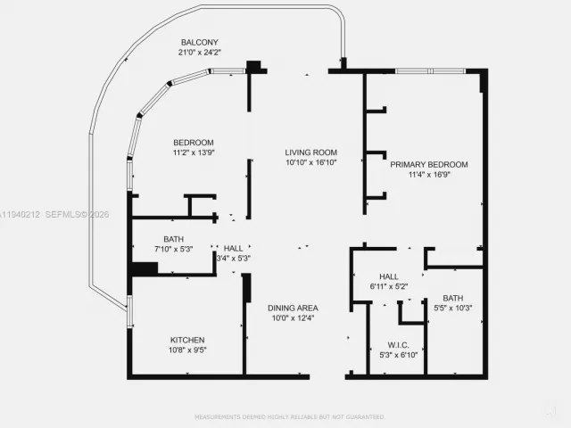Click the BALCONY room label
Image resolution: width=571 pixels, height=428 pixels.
[200, 43]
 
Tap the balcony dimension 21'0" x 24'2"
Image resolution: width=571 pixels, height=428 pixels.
[200, 53]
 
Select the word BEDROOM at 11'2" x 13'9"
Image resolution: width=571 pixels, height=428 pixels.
[194, 143]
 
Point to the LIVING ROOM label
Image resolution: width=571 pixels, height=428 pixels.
[310, 152]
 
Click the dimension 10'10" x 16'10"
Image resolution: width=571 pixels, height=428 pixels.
[310, 163]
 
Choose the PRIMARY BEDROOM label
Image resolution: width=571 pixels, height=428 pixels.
[428, 165]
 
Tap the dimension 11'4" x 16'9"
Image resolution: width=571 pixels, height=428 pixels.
[428, 176]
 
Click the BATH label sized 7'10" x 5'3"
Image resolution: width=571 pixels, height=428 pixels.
[173, 239]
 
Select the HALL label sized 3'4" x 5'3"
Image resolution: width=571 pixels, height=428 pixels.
[233, 248]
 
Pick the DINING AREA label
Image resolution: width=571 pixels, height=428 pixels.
[293, 308]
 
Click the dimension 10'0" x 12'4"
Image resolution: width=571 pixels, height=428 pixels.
[293, 318]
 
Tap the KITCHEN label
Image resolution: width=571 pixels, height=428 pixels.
[187, 340]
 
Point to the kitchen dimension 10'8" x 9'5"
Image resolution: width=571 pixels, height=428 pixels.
[187, 350]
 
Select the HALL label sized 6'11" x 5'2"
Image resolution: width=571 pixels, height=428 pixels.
[388, 276]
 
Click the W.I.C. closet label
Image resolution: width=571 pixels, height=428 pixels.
[398, 345]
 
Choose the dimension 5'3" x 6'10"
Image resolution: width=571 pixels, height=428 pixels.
[398, 355]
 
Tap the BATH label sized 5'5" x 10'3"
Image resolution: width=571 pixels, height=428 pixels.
[452, 299]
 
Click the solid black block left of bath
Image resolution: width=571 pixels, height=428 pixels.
[143, 268]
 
